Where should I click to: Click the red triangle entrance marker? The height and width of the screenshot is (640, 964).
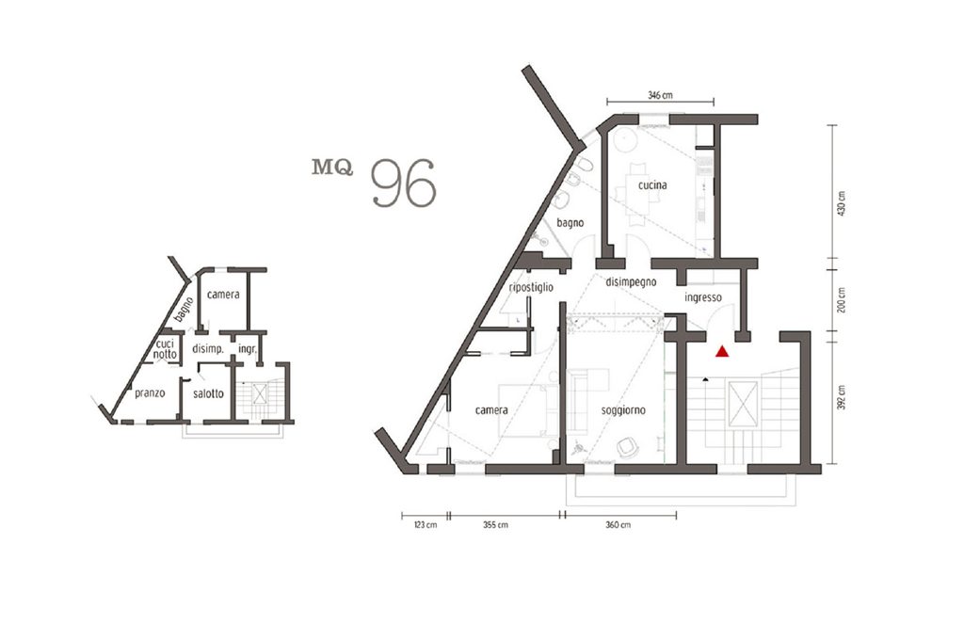pos(722,352)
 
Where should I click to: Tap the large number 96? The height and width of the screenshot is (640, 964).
pos(405,183)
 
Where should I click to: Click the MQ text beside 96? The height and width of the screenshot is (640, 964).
pos(332,168)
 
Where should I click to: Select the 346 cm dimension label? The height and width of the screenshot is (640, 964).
pos(660,95)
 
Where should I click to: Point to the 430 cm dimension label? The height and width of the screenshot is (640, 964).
pos(842,203)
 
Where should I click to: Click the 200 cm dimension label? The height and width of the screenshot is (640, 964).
pos(842,300)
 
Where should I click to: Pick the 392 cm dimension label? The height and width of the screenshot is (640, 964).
pos(842,397)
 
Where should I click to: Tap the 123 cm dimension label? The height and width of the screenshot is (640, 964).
pos(425,525)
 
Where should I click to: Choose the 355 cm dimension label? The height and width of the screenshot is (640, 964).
pos(495,525)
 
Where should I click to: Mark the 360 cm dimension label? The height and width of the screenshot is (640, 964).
pos(619,525)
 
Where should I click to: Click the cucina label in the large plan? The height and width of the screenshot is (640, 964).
pos(652,185)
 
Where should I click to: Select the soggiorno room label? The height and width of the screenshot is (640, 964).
pos(623,410)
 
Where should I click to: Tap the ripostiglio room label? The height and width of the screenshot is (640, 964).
pos(531,288)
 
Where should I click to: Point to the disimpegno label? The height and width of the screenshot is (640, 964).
pos(631,282)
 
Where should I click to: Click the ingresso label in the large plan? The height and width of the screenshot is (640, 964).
pos(703,297)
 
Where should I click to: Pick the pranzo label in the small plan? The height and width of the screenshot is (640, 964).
pos(150,393)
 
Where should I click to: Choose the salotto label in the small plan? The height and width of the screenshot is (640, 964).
pos(208,393)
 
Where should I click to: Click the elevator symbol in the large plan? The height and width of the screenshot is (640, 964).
pos(742,404)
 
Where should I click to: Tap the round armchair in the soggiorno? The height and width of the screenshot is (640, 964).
pos(627,447)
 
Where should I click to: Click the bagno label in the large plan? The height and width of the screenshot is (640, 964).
pos(570,223)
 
